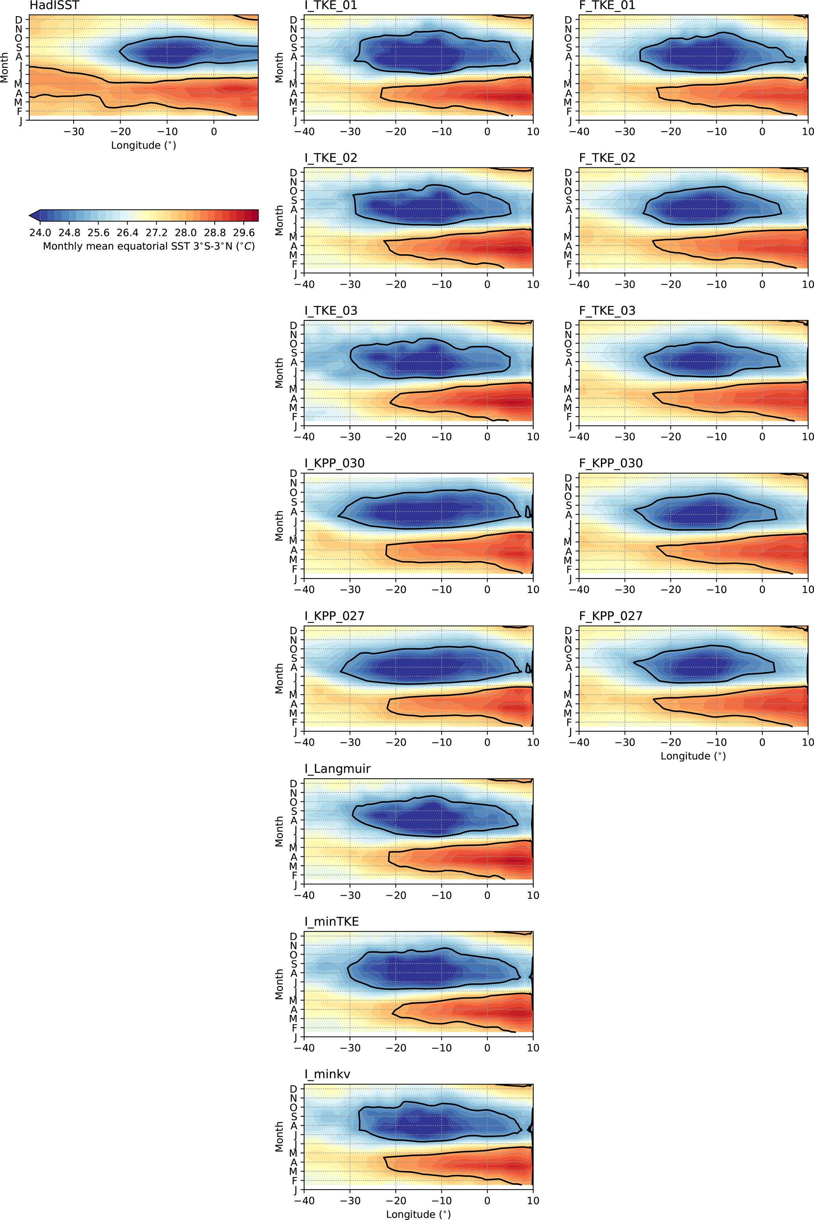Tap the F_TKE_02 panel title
(607, 158)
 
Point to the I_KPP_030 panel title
(334, 463)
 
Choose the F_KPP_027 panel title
(610, 616)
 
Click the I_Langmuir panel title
(337, 769)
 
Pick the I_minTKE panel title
(331, 921)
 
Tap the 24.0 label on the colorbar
(40, 232)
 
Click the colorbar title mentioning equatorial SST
(148, 246)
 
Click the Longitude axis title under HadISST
(143, 145)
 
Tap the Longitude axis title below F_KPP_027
(693, 756)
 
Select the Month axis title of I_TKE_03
(279, 373)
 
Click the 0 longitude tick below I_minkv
(487, 1201)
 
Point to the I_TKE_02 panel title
(331, 158)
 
